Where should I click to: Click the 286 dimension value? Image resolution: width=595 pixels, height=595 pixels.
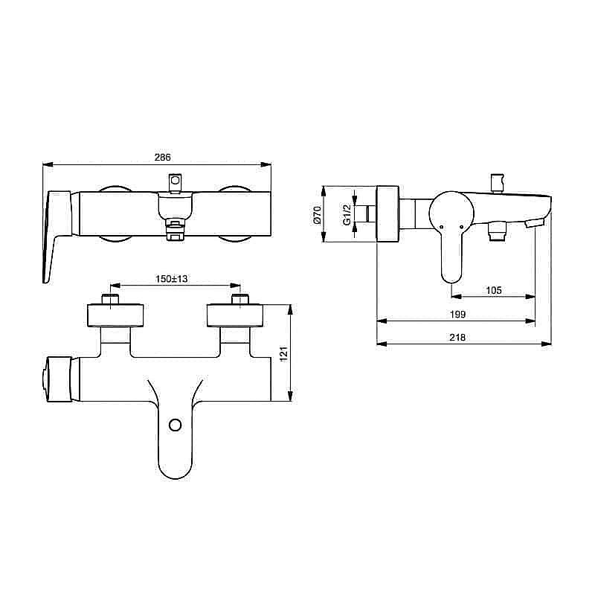pos(162,158)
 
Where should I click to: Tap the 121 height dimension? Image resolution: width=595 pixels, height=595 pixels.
pos(283,353)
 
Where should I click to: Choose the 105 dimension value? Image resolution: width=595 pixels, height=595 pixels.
pos(493,290)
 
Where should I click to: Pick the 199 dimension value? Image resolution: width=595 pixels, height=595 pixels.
pos(457,315)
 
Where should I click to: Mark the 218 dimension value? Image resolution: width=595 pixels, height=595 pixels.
pos(457,338)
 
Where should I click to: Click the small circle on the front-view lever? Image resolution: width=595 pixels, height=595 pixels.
pos(176,425)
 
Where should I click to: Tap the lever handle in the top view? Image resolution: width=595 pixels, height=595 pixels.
pos(57,234)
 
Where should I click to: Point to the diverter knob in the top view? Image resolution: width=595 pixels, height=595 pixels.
pos(176,181)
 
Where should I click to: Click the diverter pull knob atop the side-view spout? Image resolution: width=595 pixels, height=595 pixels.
pos(495,182)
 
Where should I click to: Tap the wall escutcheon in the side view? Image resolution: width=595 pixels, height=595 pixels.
pos(387,213)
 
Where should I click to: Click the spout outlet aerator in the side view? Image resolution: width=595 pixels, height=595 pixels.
pos(533,222)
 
